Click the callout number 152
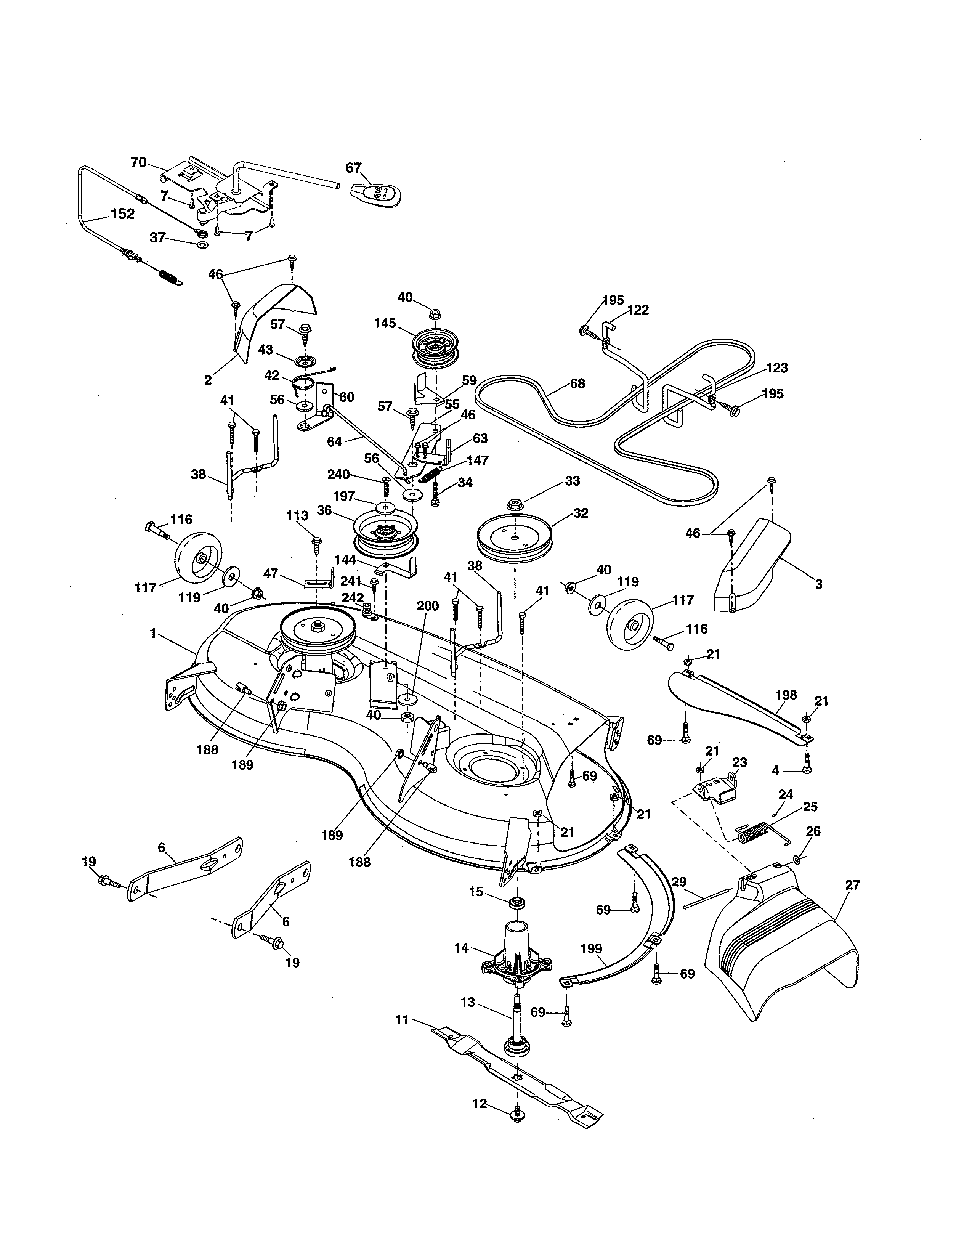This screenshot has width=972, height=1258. [122, 214]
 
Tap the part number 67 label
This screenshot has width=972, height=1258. [353, 168]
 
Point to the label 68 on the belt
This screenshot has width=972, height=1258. [577, 383]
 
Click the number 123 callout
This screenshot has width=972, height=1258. [777, 367]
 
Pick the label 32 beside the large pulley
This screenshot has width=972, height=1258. [581, 513]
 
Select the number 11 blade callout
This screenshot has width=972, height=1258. [402, 1020]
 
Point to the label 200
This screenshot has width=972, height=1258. [427, 606]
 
